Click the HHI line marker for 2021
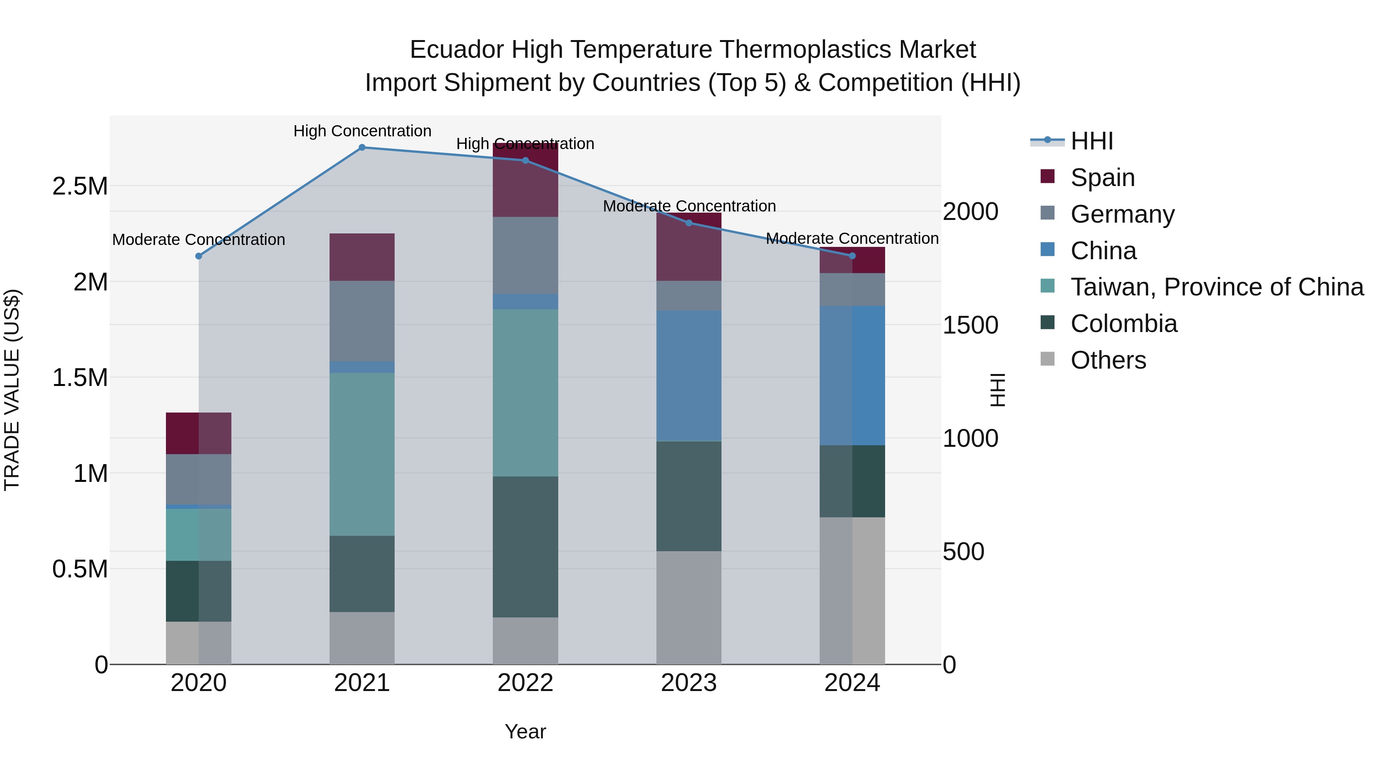(x=362, y=148)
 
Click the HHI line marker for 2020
(x=199, y=256)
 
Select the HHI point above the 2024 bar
(x=852, y=256)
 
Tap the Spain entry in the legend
(x=1103, y=178)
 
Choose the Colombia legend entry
(x=1123, y=324)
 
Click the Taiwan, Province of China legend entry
(x=1217, y=287)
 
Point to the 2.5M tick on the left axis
(x=80, y=186)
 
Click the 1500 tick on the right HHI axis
(x=970, y=325)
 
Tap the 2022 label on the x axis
(x=525, y=683)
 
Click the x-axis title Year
(x=525, y=731)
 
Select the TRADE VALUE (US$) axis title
(x=12, y=390)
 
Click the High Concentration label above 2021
(x=362, y=131)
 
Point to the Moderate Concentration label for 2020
(x=199, y=240)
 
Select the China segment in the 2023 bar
(x=689, y=376)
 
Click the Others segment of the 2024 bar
(x=852, y=590)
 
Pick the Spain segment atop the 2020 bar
(x=199, y=433)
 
